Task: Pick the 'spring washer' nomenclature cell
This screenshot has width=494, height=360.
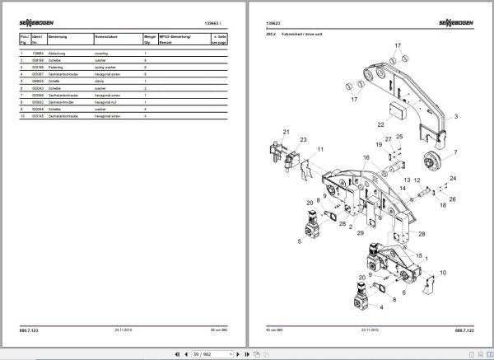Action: click(x=110, y=67)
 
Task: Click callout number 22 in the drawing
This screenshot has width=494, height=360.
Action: click(x=380, y=124)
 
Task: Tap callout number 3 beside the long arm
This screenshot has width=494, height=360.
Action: click(x=456, y=118)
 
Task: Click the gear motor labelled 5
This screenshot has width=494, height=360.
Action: click(x=315, y=223)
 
